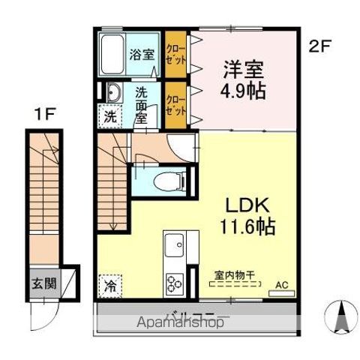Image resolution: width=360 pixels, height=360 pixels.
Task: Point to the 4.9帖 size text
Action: click(x=243, y=94)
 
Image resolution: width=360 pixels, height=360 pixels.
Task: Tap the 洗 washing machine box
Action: click(x=110, y=117)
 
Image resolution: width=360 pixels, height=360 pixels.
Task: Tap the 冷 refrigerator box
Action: click(x=110, y=285)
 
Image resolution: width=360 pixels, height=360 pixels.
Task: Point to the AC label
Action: click(x=282, y=285)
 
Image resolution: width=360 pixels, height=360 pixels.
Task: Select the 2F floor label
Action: click(x=319, y=46)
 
